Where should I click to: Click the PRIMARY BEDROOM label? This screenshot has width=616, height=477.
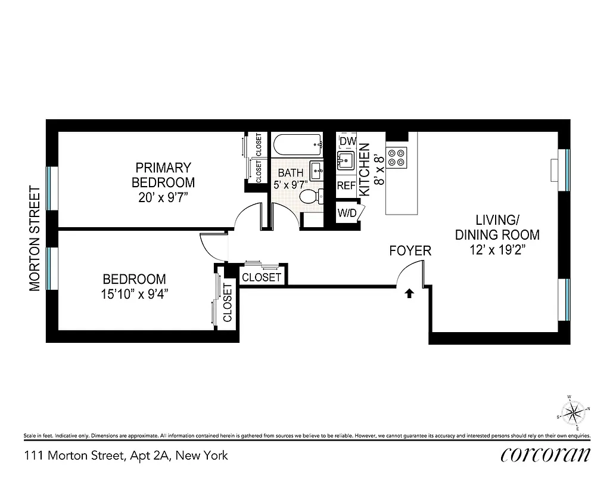[x=163, y=175]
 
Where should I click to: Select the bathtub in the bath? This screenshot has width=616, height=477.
[x=296, y=144]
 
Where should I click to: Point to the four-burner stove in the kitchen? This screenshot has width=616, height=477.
[x=396, y=156]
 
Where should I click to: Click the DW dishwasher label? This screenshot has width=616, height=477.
[x=347, y=141]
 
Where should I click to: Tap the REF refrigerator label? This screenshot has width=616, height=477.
[x=346, y=186]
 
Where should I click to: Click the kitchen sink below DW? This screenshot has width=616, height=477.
[x=346, y=161]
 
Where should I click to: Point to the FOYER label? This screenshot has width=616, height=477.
[x=410, y=251]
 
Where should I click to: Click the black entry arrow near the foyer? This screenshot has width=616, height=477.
[x=409, y=293]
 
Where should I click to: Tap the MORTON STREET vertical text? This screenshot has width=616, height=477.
[x=35, y=238]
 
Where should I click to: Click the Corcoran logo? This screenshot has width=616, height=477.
[x=546, y=455]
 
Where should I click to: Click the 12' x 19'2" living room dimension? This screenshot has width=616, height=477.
[x=497, y=250]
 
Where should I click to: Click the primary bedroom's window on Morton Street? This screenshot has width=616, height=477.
[x=52, y=188]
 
